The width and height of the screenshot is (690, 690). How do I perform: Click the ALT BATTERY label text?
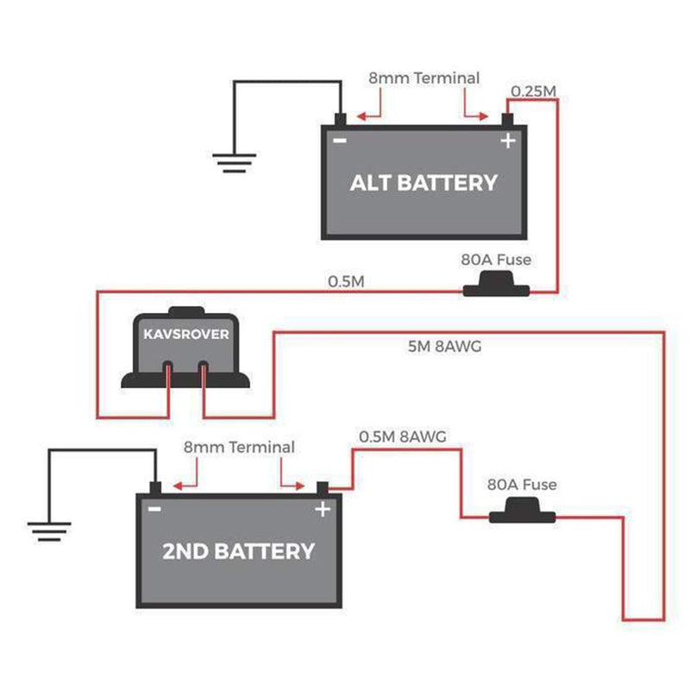(423, 183)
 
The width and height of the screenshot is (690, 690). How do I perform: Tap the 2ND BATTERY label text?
(238, 550)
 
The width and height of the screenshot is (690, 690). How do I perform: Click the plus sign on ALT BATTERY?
(507, 141)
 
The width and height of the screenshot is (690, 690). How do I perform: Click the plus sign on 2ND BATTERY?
(322, 509)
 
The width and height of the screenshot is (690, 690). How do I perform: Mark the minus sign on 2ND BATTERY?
(154, 509)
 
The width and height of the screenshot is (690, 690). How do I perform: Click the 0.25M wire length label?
(533, 91)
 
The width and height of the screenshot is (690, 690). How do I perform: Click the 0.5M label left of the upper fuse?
(345, 282)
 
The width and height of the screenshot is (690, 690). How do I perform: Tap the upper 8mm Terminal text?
(423, 78)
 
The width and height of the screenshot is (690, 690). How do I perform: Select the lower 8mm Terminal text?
(238, 448)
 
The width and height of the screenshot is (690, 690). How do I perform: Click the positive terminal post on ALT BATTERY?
(508, 119)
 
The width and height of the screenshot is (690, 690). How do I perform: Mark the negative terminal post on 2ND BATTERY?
(154, 487)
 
